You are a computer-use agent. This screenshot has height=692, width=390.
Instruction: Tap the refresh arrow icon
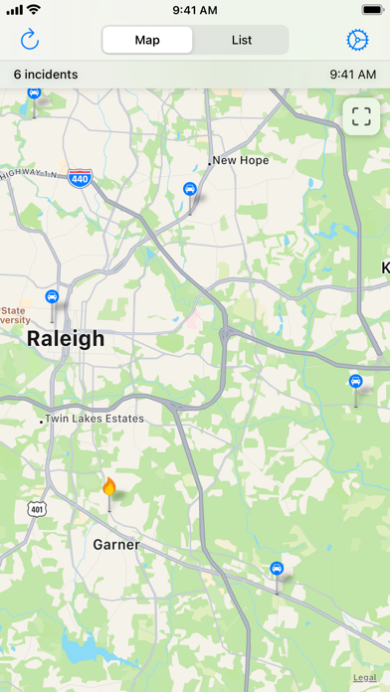click(x=30, y=40)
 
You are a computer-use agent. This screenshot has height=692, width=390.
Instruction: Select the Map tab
click(x=147, y=40)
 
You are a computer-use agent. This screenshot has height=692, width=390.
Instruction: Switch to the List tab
click(x=242, y=40)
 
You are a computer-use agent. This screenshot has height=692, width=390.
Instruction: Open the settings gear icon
click(x=357, y=40)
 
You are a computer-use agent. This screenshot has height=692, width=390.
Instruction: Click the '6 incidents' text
click(x=46, y=74)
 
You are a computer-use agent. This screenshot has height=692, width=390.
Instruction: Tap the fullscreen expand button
click(x=361, y=115)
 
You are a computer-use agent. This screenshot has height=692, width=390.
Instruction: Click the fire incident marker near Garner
click(x=109, y=487)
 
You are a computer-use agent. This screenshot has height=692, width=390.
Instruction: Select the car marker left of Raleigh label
click(x=52, y=296)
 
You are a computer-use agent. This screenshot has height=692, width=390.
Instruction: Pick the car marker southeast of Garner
click(x=278, y=569)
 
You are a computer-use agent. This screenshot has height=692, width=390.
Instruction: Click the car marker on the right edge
click(x=355, y=381)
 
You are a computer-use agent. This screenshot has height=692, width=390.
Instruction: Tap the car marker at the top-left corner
click(x=35, y=93)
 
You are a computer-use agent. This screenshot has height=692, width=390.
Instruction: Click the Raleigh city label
click(x=66, y=339)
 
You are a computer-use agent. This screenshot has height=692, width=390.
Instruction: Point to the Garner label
click(x=116, y=545)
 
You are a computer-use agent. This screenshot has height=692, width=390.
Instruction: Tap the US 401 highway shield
click(x=37, y=509)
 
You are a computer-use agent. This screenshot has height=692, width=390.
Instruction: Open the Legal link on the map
click(x=364, y=677)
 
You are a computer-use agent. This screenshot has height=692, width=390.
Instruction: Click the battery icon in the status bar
click(x=362, y=10)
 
